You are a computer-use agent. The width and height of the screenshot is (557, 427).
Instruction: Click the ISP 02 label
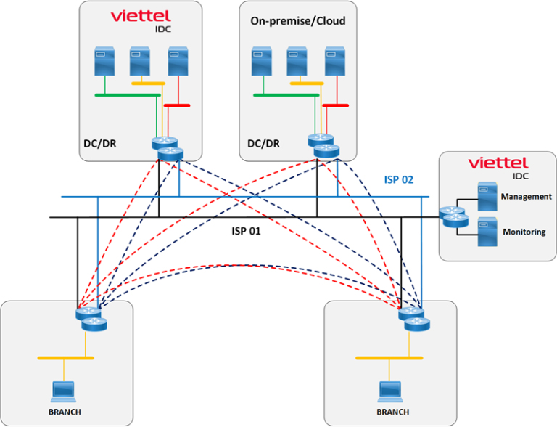398,179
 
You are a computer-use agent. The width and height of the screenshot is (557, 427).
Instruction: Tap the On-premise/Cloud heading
297,21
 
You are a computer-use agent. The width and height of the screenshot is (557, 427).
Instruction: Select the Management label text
527,196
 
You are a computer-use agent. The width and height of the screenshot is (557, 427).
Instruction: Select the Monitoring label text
524,232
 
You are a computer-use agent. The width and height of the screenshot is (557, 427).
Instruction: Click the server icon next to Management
486,196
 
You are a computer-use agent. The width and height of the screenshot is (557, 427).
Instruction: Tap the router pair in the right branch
412,319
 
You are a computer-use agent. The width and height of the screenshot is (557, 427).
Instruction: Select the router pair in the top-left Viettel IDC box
168,148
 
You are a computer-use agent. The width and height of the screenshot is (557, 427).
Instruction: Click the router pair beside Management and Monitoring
454,217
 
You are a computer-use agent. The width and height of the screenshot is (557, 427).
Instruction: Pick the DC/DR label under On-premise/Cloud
263,143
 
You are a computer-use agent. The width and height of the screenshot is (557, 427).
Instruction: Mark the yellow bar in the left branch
65,358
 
